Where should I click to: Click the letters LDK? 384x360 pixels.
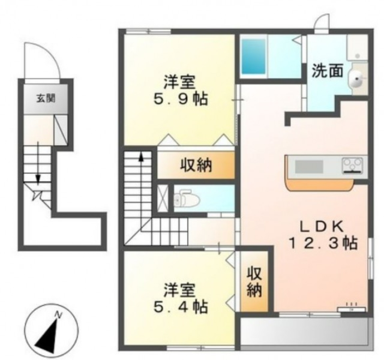click(322, 226)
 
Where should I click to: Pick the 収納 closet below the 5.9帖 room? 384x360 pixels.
click(195, 165)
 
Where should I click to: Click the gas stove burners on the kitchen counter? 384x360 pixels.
click(352, 164)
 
